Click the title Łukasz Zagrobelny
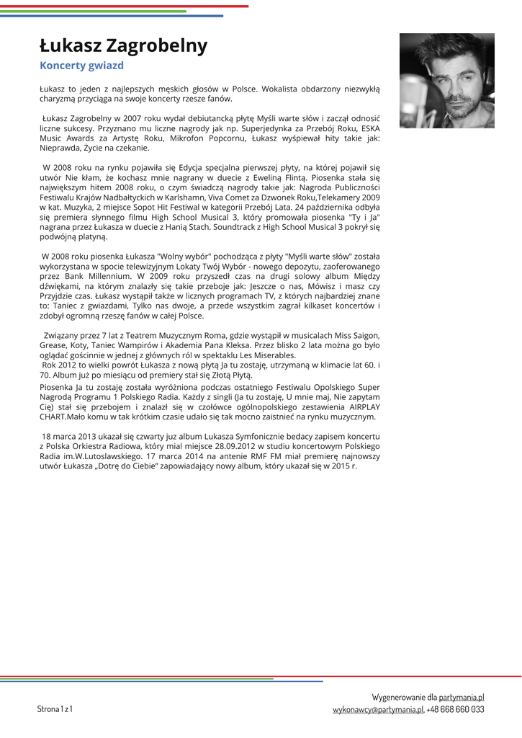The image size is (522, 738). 123,46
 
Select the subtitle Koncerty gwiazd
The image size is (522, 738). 81,66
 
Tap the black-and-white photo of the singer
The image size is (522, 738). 446,81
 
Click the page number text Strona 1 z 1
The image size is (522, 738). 55,709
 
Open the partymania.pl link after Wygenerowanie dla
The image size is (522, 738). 462,698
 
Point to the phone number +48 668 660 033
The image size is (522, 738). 456,710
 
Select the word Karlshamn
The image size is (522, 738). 189,197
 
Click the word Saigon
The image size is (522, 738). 364,335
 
